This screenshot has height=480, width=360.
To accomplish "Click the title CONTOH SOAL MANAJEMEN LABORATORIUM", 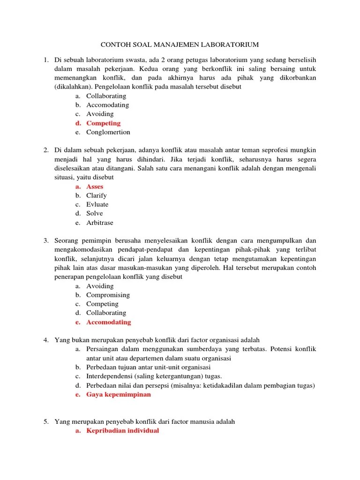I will tap(180, 45).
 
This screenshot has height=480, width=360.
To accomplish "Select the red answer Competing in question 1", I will tap(103, 123).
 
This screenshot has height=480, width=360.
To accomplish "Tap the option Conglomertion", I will tap(108, 132).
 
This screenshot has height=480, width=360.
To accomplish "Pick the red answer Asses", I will tap(95, 187).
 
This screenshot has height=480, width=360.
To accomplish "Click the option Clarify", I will tap(97, 195).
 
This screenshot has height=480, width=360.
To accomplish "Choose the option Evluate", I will tap(97, 204).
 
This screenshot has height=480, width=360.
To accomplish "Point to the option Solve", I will tap(95, 213).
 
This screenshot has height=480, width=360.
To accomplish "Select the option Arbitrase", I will tap(100, 223).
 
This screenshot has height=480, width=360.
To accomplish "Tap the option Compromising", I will tap(108, 295).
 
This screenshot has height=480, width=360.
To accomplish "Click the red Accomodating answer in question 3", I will tap(108, 322).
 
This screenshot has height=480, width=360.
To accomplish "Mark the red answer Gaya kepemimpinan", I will tap(119, 395).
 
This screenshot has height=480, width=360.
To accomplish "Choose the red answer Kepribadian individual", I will tap(123, 431).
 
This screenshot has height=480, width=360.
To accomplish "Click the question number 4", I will tap(46, 340).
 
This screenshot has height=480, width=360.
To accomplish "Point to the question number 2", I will tap(46, 150).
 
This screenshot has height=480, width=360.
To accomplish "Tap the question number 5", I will tap(46, 422).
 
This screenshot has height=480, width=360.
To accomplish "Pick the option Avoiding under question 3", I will tap(100, 286).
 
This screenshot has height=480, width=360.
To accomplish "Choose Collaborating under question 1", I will tap(106, 96).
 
